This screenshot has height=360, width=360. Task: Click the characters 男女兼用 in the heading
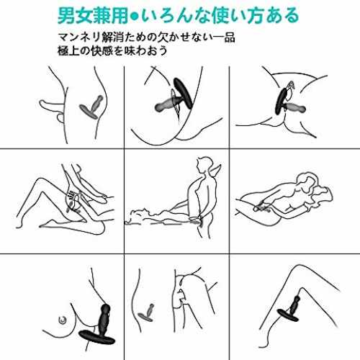[93, 16]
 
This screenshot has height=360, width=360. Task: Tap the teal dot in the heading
[135, 17]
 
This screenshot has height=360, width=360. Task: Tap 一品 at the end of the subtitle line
[224, 37]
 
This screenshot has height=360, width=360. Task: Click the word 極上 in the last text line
[68, 50]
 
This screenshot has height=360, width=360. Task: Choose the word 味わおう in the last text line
[146, 50]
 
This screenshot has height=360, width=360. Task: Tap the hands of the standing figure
[197, 219]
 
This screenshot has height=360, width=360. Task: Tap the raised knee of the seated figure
[38, 181]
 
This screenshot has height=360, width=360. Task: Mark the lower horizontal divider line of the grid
[180, 253]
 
